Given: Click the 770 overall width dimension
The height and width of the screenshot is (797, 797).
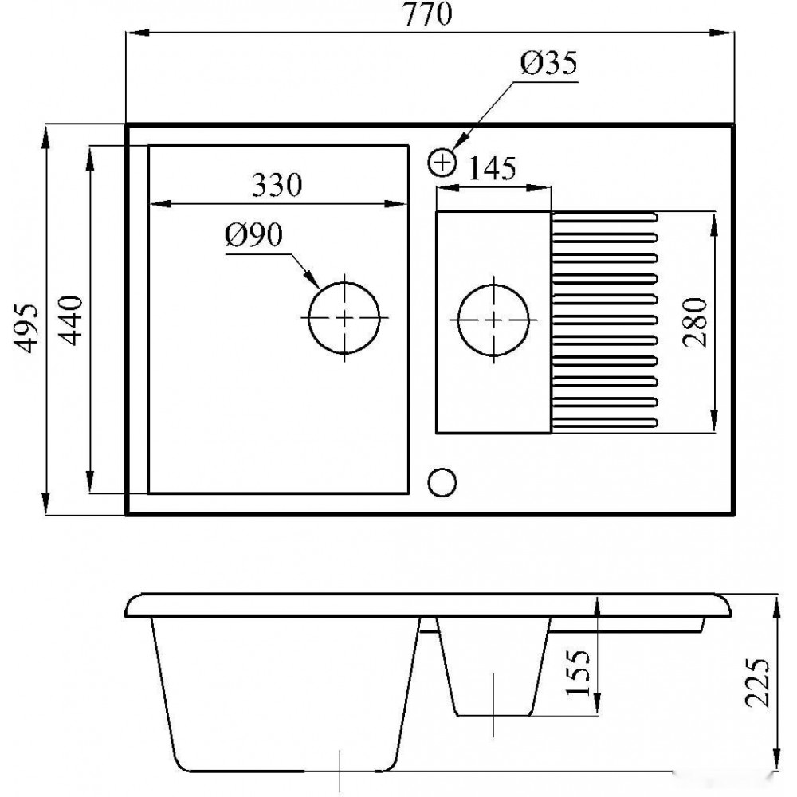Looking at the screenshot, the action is pos(427,14).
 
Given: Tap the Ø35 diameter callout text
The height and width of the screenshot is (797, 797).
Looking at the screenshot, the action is pos(549,63).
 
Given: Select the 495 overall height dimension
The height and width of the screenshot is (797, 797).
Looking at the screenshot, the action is pos(26,328).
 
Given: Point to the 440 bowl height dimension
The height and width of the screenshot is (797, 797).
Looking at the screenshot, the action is pos(69,320).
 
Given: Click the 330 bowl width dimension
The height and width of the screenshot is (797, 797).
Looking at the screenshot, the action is pos(277,185).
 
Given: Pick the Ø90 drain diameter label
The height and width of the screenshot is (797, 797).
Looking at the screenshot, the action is pos(253,235).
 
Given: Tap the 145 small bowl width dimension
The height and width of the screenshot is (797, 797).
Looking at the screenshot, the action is pos(492,168).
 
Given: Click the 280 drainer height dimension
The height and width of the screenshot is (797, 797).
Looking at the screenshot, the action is pos(695,322).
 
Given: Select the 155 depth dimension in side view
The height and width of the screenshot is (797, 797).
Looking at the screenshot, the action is pos(578,672).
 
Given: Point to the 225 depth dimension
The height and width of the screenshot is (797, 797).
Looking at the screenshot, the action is pos(757,683).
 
